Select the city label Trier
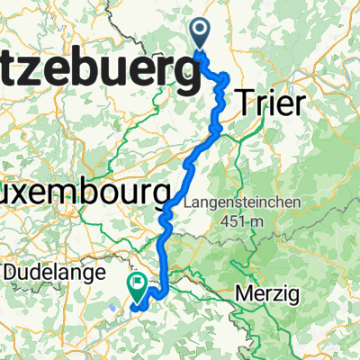point(269,103)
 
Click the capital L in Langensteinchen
point(188,202)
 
